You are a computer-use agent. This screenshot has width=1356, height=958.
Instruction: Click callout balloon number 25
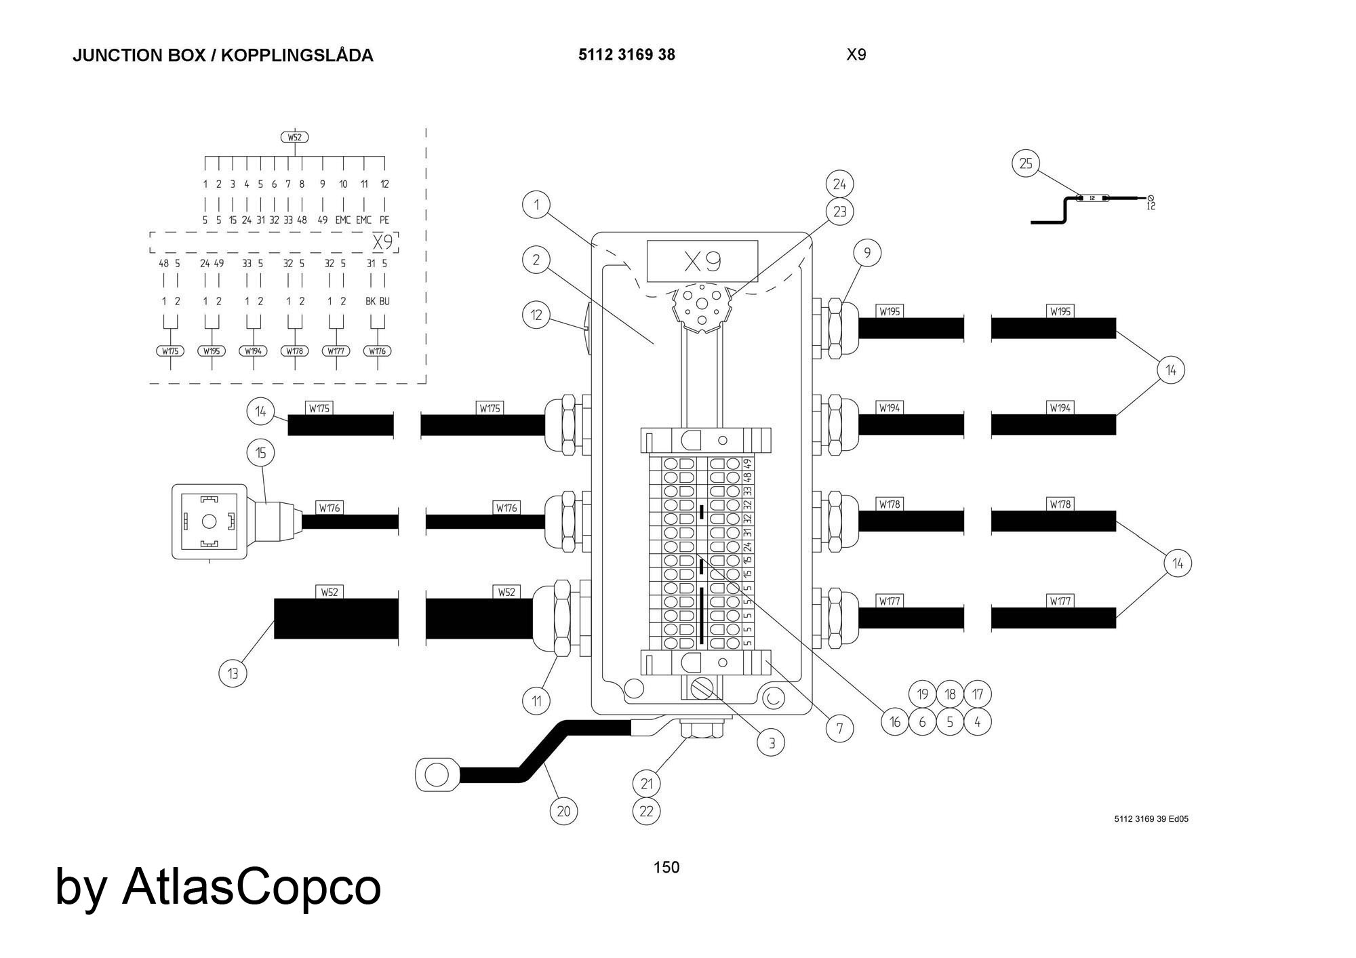[x=1026, y=163]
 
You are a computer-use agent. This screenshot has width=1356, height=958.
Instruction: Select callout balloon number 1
[x=536, y=205]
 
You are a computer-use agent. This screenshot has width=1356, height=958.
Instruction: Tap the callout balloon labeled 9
[x=867, y=253]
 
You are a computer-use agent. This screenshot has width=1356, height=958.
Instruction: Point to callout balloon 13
[x=233, y=673]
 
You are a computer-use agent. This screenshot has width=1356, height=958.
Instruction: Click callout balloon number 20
[x=564, y=811]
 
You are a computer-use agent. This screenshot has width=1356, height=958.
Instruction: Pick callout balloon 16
[x=894, y=722]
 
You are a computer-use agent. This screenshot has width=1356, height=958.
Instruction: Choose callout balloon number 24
[x=839, y=184]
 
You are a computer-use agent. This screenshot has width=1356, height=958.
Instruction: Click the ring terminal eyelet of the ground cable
[x=435, y=773]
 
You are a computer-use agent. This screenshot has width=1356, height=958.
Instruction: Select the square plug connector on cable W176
[x=209, y=521]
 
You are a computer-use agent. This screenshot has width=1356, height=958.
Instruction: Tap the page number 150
[x=666, y=867]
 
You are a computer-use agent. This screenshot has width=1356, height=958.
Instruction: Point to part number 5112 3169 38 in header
[x=626, y=55]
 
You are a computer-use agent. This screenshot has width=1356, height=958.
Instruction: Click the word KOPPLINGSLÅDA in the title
[x=297, y=56]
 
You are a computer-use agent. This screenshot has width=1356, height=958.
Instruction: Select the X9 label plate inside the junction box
[x=702, y=261]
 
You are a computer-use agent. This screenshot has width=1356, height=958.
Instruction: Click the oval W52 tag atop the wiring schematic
[x=294, y=138]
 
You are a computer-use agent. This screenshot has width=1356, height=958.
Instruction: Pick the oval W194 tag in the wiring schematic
[x=253, y=351]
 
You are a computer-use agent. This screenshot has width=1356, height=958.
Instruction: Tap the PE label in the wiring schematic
[x=384, y=220]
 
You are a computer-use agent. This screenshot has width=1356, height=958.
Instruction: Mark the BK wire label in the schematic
[x=370, y=301]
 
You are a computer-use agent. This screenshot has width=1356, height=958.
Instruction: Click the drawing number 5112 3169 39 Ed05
[x=1151, y=819]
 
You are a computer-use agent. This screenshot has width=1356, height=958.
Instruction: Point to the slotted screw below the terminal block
[x=700, y=689]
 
